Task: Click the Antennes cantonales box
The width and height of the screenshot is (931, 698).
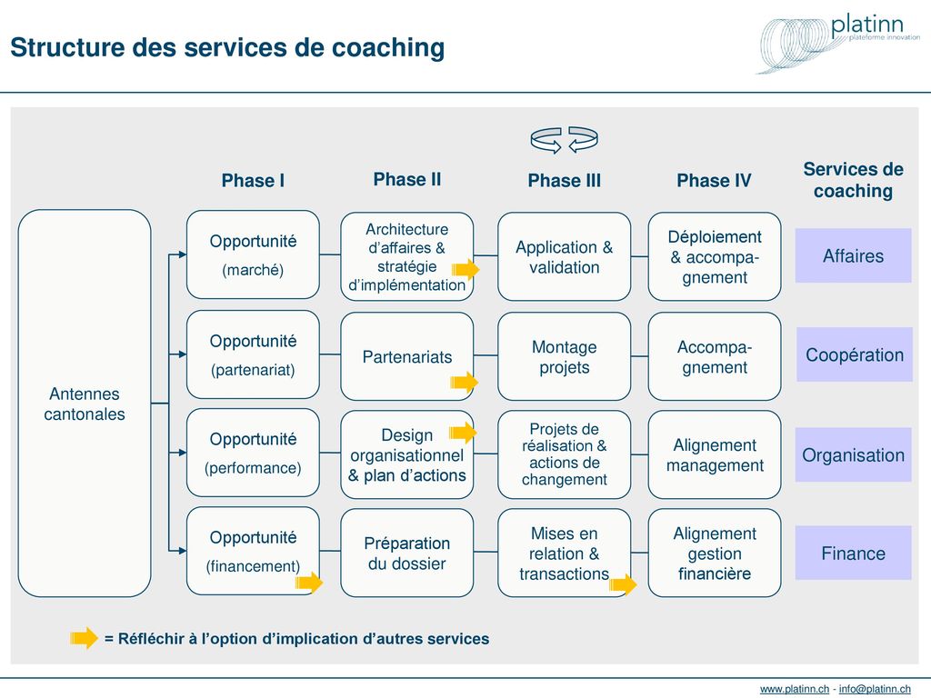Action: (85, 403)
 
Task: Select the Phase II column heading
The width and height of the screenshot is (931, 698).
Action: (407, 179)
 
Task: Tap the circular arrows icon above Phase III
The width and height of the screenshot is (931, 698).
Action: (564, 140)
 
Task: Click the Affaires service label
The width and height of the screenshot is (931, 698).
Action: (853, 255)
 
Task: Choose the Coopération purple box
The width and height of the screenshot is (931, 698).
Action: (855, 354)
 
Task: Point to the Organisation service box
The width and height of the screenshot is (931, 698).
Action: (853, 454)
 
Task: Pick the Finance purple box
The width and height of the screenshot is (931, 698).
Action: (853, 553)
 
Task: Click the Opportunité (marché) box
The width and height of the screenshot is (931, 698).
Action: (253, 254)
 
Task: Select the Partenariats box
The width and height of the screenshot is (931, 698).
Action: (407, 356)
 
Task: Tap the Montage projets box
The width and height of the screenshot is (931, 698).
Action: (564, 356)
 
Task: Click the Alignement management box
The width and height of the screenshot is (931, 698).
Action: (715, 454)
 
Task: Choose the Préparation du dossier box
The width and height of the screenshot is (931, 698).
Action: (407, 553)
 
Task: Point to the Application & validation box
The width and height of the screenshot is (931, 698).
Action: (564, 256)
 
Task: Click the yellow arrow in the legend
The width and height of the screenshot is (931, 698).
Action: (84, 638)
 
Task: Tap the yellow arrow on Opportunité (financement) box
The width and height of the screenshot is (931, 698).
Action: (309, 583)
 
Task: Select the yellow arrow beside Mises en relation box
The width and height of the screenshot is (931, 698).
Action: (623, 584)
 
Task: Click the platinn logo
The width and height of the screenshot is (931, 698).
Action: (838, 43)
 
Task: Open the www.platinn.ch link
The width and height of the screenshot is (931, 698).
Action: (795, 689)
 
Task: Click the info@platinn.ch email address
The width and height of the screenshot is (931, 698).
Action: (875, 689)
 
